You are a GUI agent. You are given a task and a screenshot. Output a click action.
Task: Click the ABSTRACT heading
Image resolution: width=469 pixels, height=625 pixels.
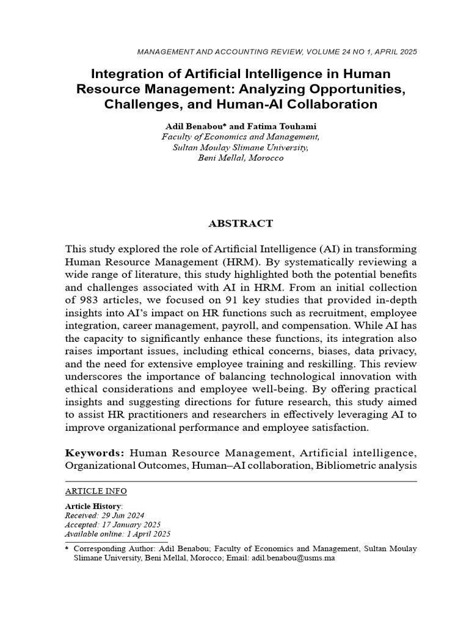tap(241, 223)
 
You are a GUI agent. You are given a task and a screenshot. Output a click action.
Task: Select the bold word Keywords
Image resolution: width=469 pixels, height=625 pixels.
tap(95, 453)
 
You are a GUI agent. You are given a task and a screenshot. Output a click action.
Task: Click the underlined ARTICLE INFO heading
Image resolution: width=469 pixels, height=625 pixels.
tap(96, 491)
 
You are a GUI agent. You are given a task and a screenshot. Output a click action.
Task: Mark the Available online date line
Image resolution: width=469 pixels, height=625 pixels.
tap(117, 534)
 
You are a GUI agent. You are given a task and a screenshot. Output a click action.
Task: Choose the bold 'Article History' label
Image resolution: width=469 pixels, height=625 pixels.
tap(93, 507)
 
